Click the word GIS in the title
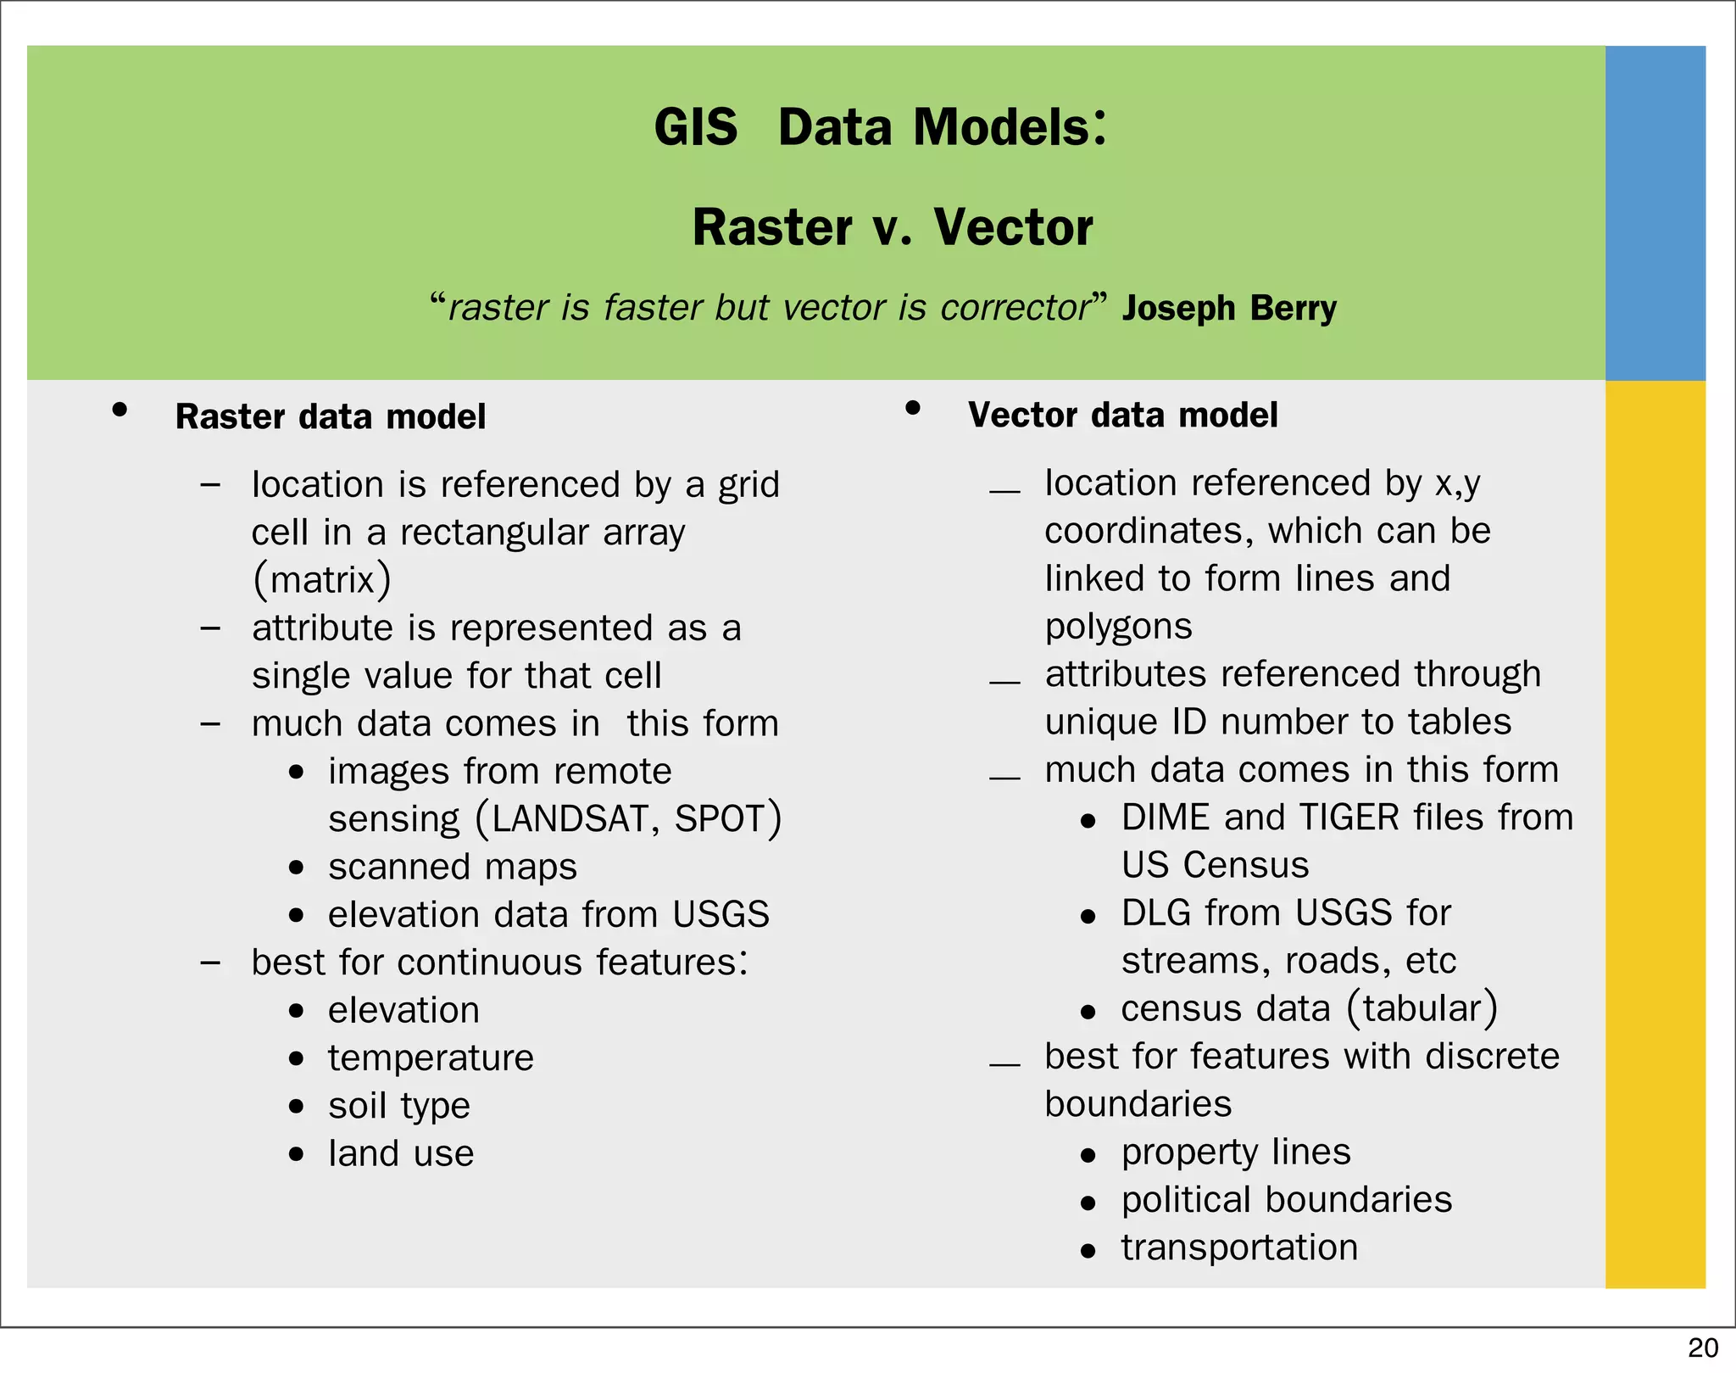695,128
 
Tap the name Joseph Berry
1228,308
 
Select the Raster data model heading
330,417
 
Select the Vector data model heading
1122,416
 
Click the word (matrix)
321,580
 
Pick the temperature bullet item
431,1058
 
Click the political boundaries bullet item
1286,1200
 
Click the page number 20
1702,1348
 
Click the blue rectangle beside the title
1655,212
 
